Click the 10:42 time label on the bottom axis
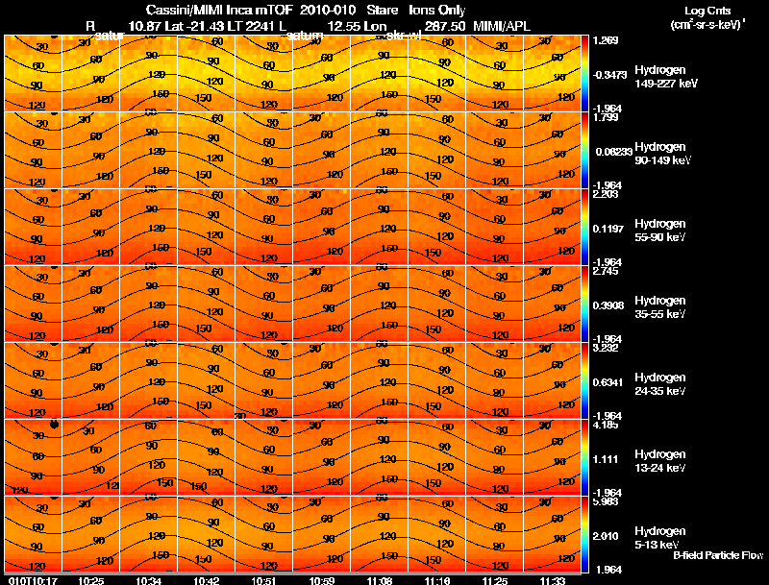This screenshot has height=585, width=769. pos(207,580)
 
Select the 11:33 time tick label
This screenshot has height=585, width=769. pos(553,580)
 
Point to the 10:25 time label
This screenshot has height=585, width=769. pos(91,580)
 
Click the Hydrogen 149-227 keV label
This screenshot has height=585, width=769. pos(661,77)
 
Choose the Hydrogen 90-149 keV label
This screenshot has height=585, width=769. pos(660,154)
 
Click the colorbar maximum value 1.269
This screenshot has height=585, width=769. pos(606,40)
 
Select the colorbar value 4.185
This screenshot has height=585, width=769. pos(606,425)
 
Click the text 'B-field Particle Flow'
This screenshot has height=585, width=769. pos(717,555)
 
